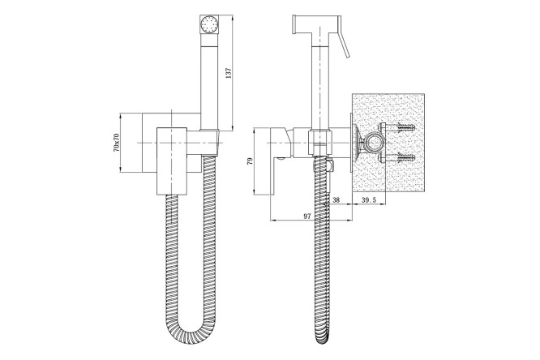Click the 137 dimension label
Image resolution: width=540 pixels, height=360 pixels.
pyautogui.click(x=229, y=73)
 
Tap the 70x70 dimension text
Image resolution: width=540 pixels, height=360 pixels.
pyautogui.click(x=116, y=143)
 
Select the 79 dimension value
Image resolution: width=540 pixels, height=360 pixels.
pyautogui.click(x=250, y=161)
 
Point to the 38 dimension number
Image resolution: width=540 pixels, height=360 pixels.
pyautogui.click(x=336, y=199)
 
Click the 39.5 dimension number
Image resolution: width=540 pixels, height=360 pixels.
pyautogui.click(x=368, y=199)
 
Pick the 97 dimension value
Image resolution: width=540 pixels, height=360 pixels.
pyautogui.click(x=307, y=216)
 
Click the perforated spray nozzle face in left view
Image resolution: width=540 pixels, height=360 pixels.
pyautogui.click(x=209, y=24)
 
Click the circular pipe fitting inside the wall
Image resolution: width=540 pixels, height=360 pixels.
pyautogui.click(x=374, y=142)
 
